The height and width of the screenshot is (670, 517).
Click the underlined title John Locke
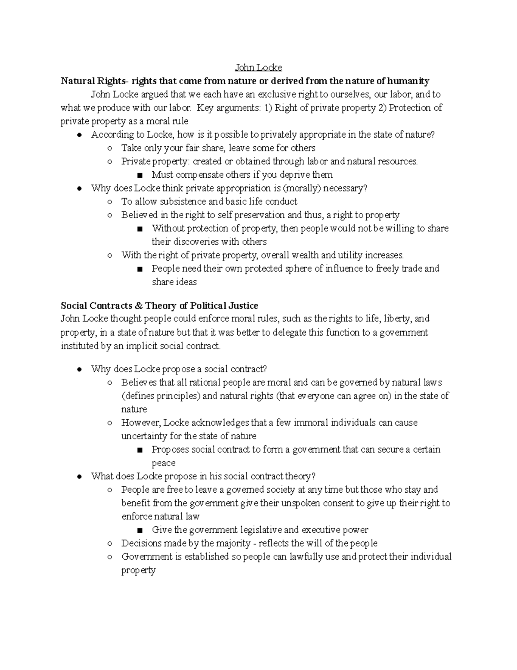pyautogui.click(x=258, y=68)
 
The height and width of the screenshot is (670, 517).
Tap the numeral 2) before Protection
pyautogui.click(x=383, y=108)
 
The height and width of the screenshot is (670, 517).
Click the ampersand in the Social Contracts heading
pyautogui.click(x=138, y=306)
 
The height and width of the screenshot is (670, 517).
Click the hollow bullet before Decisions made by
pyautogui.click(x=110, y=544)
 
